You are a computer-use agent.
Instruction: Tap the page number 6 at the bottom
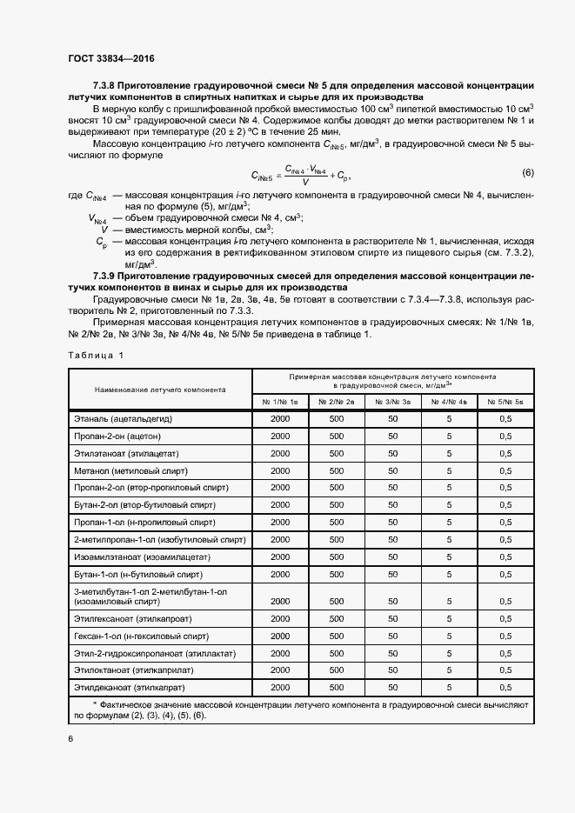pyautogui.click(x=70, y=739)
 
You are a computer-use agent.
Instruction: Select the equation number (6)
pyautogui.click(x=527, y=172)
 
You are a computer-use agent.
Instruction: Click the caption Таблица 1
pyautogui.click(x=96, y=355)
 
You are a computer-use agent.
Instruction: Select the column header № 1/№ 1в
pyautogui.click(x=280, y=401)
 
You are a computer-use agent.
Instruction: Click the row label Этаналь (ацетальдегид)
pyautogui.click(x=119, y=419)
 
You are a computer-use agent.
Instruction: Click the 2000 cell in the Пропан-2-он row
pyautogui.click(x=280, y=436)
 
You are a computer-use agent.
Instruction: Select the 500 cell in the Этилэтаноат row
pyautogui.click(x=336, y=453)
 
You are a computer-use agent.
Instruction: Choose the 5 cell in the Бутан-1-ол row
pyautogui.click(x=450, y=575)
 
